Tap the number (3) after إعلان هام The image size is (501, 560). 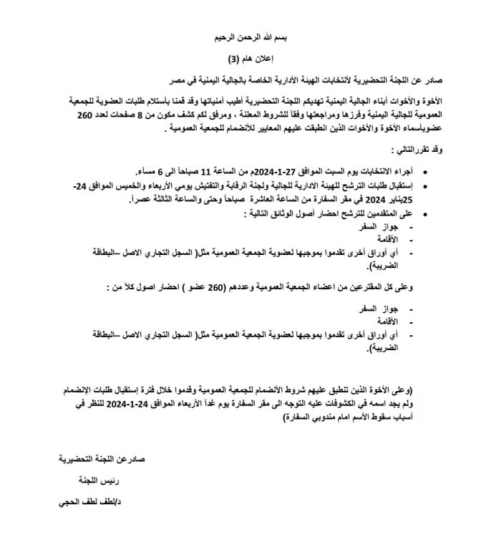pyautogui.click(x=233, y=58)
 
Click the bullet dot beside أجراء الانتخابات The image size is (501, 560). pyautogui.click(x=428, y=173)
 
